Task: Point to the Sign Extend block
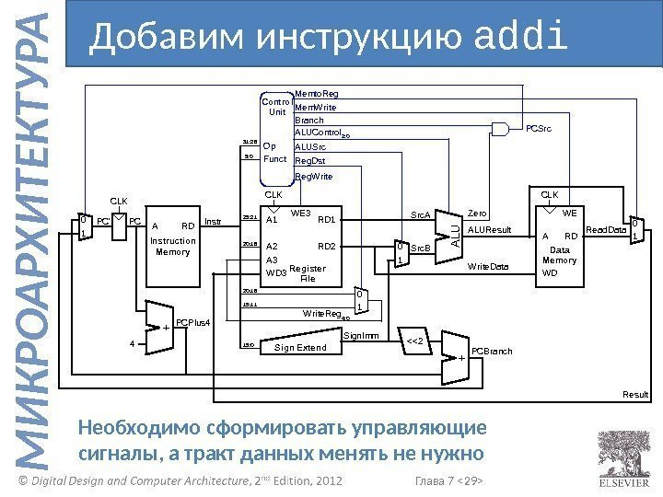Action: pyautogui.click(x=299, y=348)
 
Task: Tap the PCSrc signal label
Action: pyautogui.click(x=539, y=130)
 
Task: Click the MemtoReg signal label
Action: pyautogui.click(x=316, y=94)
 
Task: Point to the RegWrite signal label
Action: pyautogui.click(x=313, y=175)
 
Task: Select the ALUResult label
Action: pyautogui.click(x=489, y=229)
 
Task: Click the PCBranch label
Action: pyautogui.click(x=490, y=352)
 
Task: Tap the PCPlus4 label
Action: pyautogui.click(x=193, y=323)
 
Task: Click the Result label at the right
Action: pyautogui.click(x=635, y=394)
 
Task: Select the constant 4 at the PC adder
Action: pyautogui.click(x=131, y=344)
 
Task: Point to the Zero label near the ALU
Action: pyautogui.click(x=477, y=212)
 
